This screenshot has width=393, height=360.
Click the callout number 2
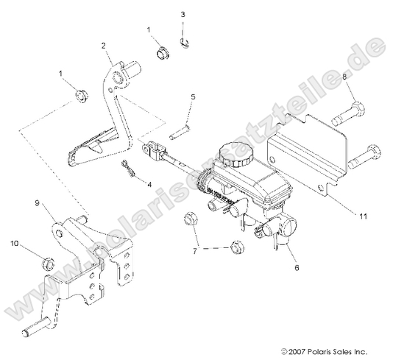pyautogui.click(x=105, y=46)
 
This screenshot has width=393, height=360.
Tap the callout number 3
pyautogui.click(x=183, y=15)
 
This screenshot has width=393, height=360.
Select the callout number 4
pyautogui.click(x=149, y=185)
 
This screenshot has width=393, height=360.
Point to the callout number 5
pyautogui.click(x=193, y=97)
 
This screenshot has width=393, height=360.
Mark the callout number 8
pyautogui.click(x=345, y=77)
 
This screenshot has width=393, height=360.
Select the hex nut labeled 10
pyautogui.click(x=44, y=260)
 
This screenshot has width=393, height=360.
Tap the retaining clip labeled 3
pyautogui.click(x=186, y=44)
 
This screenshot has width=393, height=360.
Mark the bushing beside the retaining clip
pyautogui.click(x=163, y=53)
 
